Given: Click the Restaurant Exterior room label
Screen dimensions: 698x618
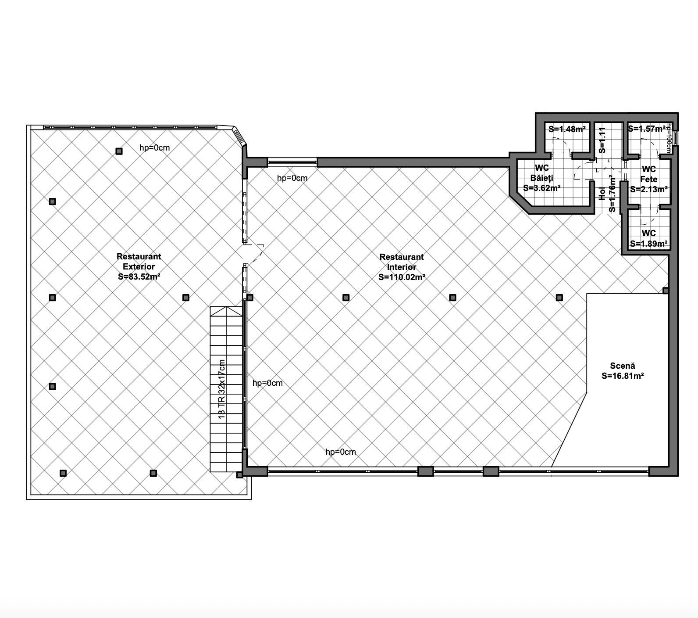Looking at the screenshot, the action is tap(139, 262).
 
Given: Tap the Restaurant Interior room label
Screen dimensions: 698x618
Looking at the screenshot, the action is tap(402, 262).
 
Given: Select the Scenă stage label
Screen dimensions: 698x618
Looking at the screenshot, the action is tap(623, 366).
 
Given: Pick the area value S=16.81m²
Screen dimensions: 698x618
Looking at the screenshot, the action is tap(623, 376).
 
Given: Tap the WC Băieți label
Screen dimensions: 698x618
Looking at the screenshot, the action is tap(542, 173).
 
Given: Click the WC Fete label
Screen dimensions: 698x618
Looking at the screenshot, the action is tap(648, 174).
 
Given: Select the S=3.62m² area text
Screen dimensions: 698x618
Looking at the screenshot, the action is tap(542, 188).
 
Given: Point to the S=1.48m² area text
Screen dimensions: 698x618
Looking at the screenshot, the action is tap(567, 129).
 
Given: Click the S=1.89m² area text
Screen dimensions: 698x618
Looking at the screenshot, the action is tap(649, 244).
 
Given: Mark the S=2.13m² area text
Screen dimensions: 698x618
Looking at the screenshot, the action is tap(649, 190).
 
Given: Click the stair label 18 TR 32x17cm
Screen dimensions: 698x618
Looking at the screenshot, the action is tap(222, 389).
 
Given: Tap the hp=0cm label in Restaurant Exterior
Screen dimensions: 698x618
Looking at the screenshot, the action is tap(154, 148).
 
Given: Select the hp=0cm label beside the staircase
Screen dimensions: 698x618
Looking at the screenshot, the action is tap(267, 383).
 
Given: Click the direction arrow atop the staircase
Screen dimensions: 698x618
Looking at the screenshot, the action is tap(227, 311).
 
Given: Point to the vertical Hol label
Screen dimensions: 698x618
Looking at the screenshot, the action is tap(602, 194).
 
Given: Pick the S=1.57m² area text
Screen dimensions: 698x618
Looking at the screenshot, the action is tap(647, 129).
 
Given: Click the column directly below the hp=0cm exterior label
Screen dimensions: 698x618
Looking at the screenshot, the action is tap(119, 151).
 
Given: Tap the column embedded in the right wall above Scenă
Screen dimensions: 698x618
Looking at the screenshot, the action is tap(666, 291).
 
